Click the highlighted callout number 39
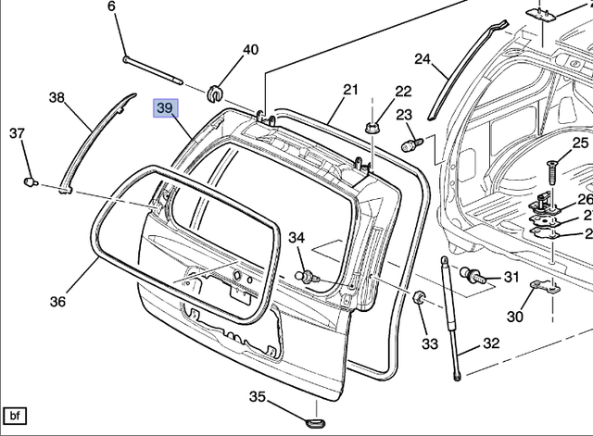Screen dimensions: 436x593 click(x=164, y=109)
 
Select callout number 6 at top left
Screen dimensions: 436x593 click(x=112, y=7)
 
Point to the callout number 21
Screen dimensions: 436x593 click(x=349, y=90)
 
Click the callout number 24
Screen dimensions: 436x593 click(x=423, y=60)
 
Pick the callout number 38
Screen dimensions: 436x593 click(x=57, y=97)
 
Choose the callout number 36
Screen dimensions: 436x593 click(x=57, y=301)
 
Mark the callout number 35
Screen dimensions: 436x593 click(x=257, y=397)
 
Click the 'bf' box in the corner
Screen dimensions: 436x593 click(x=16, y=416)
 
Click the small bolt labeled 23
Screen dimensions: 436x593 click(x=411, y=144)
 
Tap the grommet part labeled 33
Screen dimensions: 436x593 click(x=418, y=298)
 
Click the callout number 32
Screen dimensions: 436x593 click(x=491, y=343)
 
